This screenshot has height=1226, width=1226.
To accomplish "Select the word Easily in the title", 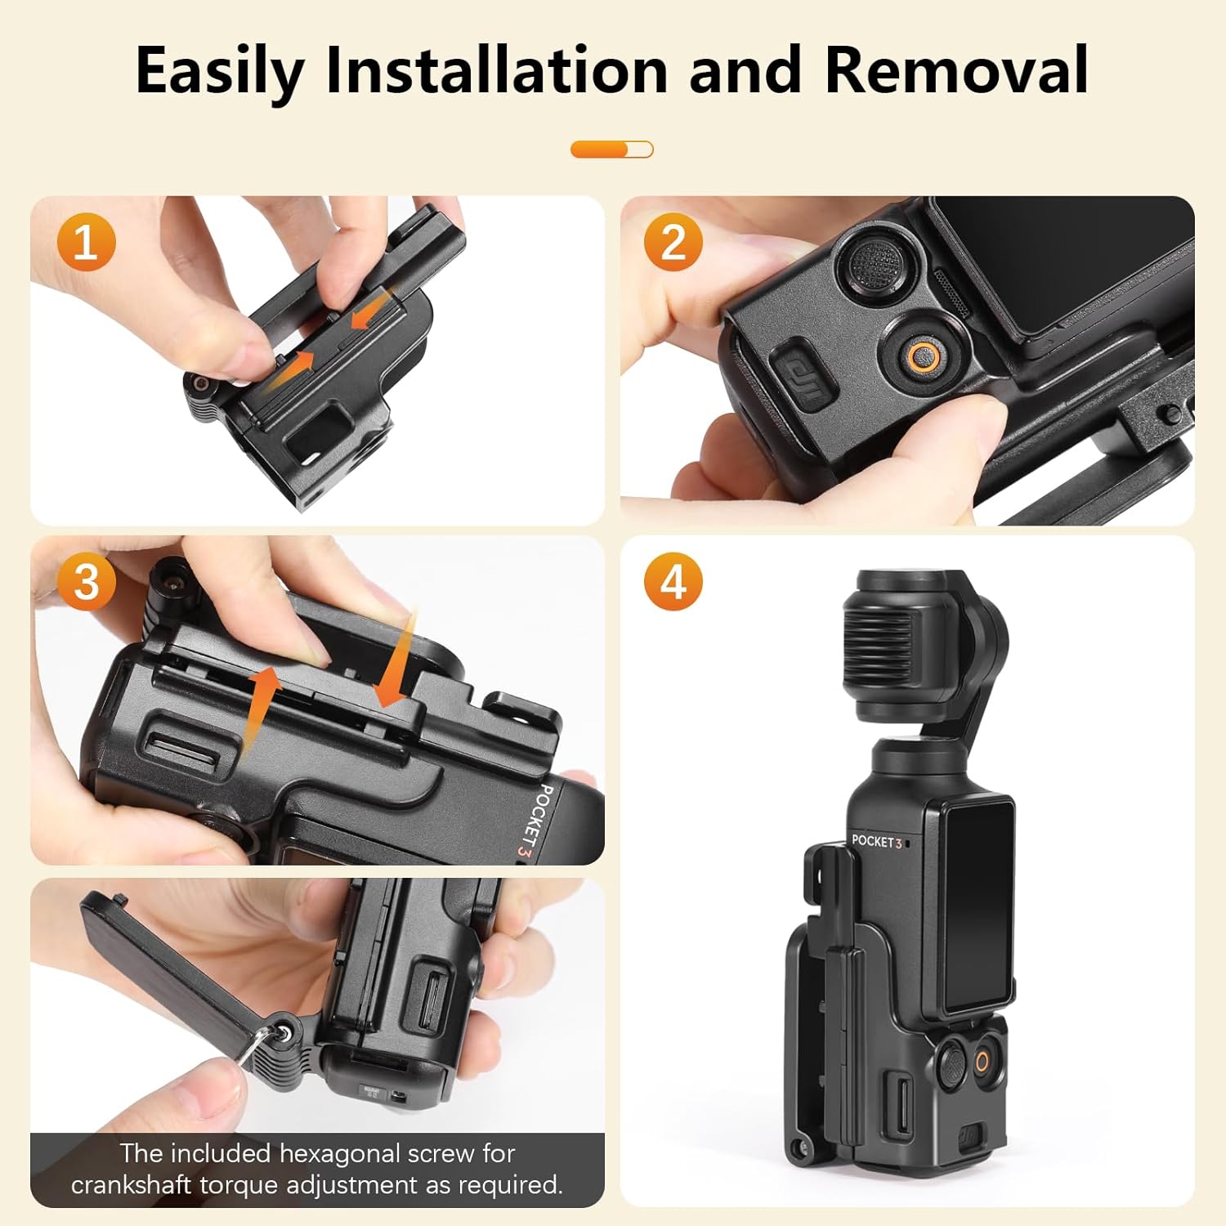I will tap(219, 72).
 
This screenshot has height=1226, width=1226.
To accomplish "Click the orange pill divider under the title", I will tap(612, 150).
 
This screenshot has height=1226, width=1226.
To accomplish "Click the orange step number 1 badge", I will tap(86, 243).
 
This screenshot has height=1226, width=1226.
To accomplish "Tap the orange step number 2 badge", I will tap(673, 243).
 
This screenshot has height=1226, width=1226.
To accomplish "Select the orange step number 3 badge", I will tap(86, 583).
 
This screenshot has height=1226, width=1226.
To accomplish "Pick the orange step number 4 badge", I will tap(673, 583).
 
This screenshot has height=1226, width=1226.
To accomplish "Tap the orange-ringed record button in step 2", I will tap(924, 356).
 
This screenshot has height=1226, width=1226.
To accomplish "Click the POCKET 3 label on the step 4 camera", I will tap(876, 840).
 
